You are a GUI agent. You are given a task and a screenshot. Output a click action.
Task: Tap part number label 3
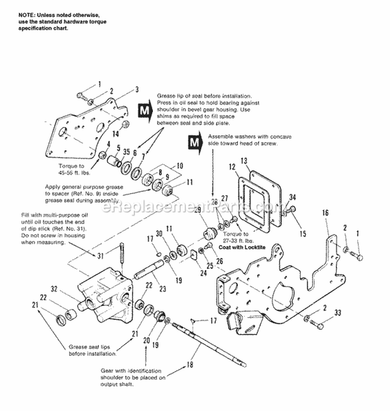pos(137,89)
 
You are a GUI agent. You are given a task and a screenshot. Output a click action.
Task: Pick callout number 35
pos(126,152)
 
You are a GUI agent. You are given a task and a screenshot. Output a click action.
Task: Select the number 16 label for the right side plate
pos(326,213)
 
